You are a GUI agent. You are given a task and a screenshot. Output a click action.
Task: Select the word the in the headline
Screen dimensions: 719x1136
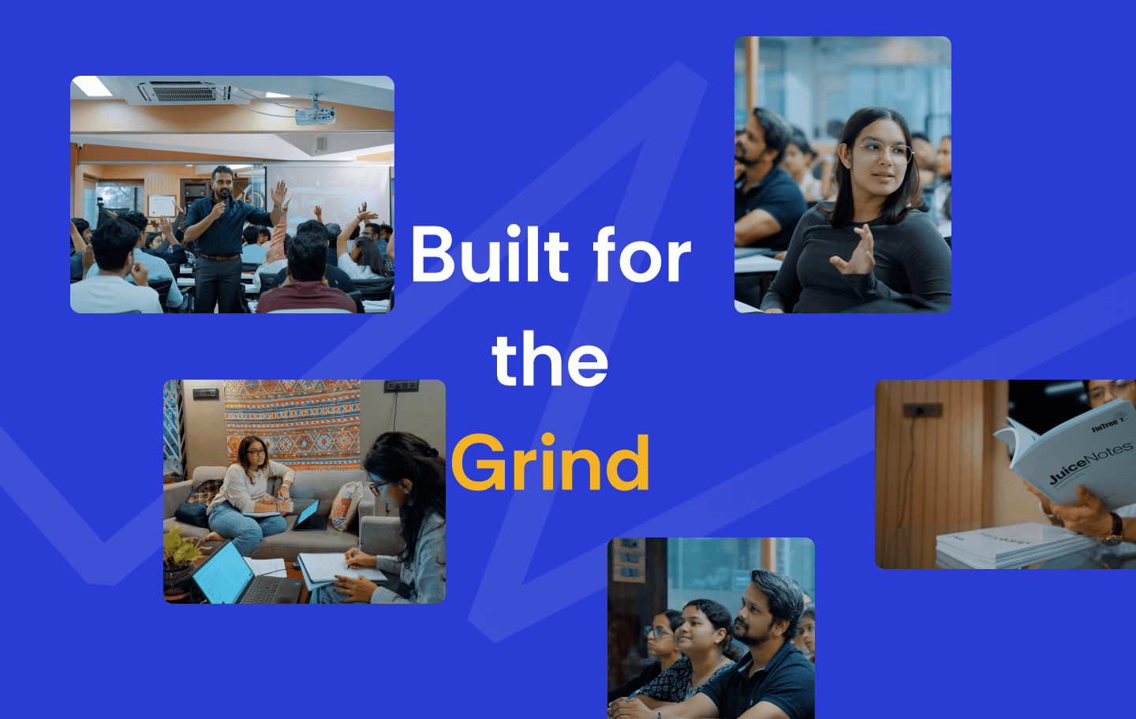click(550, 360)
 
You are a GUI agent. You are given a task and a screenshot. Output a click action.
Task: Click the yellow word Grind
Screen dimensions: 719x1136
click(551, 463)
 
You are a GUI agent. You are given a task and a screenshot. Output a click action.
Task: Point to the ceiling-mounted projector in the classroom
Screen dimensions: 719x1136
click(315, 114)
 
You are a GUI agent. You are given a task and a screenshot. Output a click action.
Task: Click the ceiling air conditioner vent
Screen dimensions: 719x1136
click(184, 93)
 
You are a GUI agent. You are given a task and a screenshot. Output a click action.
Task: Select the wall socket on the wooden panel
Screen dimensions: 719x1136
click(922, 410)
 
